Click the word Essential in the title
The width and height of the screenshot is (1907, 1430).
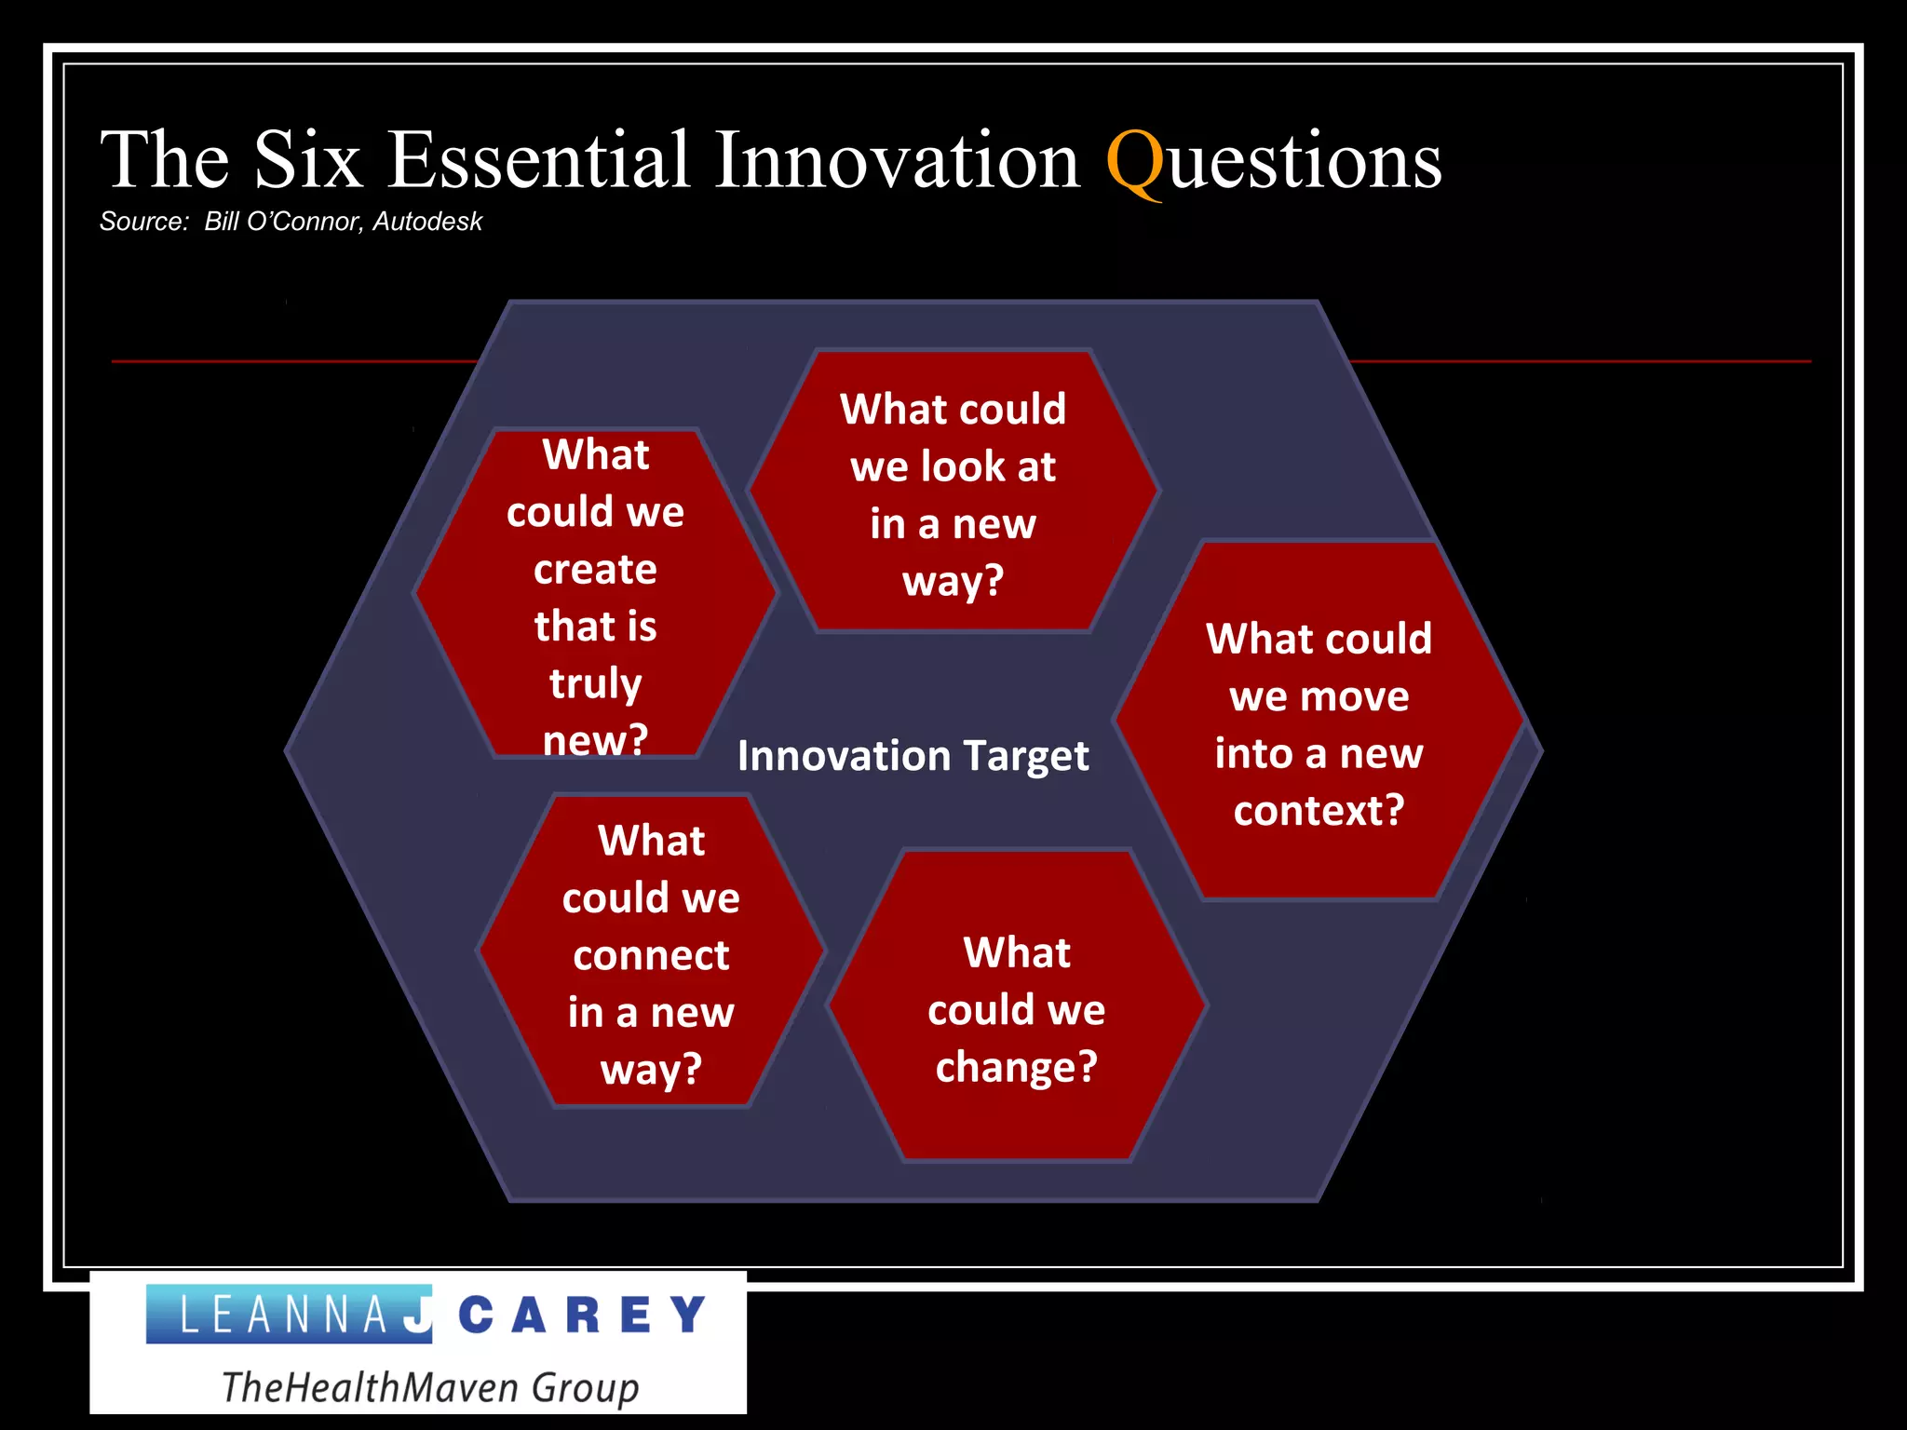[x=538, y=160]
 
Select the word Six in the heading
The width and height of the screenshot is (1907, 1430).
[x=307, y=160]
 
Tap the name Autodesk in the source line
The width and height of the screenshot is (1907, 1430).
[x=427, y=222]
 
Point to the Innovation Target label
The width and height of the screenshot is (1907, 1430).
[x=913, y=756]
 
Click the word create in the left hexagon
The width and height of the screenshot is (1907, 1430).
[x=595, y=570]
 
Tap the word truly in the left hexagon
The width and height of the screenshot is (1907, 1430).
[x=595, y=684]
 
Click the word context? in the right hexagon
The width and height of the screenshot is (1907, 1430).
[x=1319, y=811]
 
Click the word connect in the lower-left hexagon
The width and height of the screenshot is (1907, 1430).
[x=651, y=956]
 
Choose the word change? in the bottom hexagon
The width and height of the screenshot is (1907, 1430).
[x=1016, y=1067]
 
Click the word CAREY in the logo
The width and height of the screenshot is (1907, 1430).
[x=583, y=1315]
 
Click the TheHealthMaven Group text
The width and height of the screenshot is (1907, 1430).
[x=430, y=1387]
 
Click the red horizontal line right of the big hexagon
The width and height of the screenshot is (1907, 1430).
[x=1583, y=361]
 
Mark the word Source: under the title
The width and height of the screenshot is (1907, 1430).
[x=144, y=222]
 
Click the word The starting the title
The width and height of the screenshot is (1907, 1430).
[x=164, y=160]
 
